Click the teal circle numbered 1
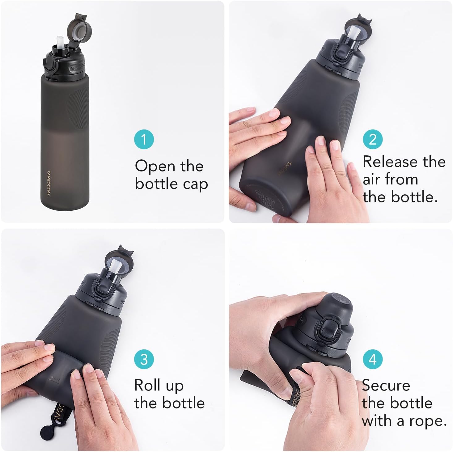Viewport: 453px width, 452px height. coord(144,139)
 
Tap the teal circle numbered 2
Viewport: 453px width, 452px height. coord(373,139)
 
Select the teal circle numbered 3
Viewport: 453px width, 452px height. coord(144,359)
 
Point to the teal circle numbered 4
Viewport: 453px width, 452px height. coord(373,359)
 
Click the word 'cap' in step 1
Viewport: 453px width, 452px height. coord(195,184)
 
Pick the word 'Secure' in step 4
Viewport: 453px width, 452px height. coord(386,385)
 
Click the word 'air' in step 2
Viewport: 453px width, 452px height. coord(373,180)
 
